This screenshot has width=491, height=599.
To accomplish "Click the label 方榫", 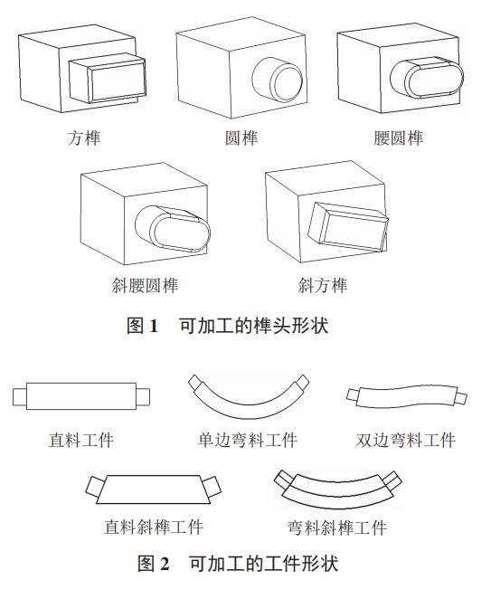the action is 83,138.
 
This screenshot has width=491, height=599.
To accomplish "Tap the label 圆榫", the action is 241,138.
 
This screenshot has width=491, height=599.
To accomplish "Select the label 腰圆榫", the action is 398,138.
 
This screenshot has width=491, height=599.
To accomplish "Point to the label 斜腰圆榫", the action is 145,285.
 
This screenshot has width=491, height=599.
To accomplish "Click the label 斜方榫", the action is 323,285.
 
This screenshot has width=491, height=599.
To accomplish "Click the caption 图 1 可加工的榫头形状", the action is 228,326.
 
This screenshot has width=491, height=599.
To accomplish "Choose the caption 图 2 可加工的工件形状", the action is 238,564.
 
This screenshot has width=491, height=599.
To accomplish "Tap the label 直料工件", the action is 81,440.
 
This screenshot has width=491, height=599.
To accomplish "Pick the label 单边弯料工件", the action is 248,440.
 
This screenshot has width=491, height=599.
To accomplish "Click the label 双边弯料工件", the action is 405,440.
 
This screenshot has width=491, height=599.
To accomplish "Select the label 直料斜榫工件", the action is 154,528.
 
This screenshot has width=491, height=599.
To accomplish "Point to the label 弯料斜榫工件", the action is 337,528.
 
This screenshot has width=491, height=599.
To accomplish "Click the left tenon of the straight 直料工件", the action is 20,397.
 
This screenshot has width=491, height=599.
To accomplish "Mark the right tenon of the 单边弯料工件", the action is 301,382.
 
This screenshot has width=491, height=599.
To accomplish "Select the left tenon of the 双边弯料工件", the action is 352,395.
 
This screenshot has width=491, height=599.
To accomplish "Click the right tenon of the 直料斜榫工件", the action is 212,486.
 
